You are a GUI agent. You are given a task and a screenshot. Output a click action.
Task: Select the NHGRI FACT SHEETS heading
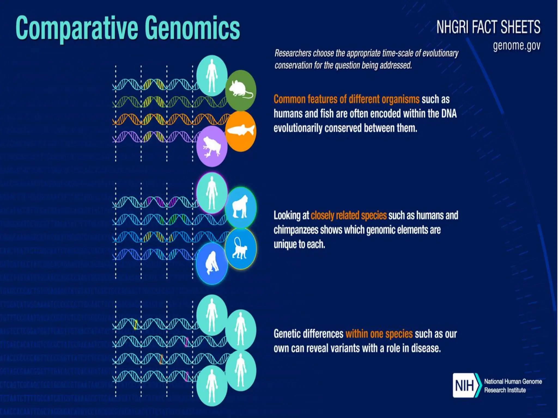(488, 27)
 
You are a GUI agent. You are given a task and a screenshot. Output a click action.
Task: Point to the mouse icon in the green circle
(241, 90)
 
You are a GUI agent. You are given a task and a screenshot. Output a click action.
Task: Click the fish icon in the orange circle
(241, 131)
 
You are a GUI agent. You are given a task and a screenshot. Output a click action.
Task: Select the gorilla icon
(240, 207)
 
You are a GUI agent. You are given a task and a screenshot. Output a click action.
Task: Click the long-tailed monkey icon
(240, 248)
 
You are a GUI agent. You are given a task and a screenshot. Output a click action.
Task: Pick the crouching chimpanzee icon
(212, 264)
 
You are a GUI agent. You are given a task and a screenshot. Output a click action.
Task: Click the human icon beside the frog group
(212, 76)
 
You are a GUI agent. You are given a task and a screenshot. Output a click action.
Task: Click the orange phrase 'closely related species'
(348, 216)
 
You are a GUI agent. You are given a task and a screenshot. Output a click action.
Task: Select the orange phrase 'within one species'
(379, 334)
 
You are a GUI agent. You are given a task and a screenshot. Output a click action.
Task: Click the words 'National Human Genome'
(513, 382)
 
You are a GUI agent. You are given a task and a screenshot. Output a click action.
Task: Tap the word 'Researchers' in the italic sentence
(293, 53)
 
